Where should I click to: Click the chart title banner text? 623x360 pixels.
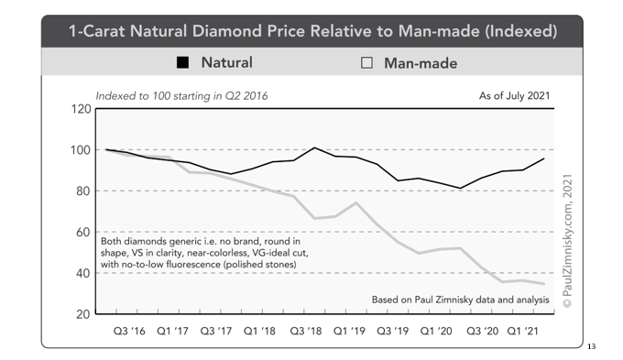click(312, 31)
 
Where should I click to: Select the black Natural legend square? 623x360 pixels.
click(182, 62)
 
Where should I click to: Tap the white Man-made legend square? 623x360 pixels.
click(366, 63)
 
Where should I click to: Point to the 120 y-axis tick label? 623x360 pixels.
click(81, 109)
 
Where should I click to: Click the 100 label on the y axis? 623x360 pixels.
click(81, 150)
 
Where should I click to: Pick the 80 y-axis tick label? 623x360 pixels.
click(83, 191)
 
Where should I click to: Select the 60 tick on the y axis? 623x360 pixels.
click(83, 232)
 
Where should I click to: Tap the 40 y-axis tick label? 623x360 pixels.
click(83, 273)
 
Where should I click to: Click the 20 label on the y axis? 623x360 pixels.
click(83, 314)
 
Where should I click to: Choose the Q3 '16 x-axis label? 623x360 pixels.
click(129, 331)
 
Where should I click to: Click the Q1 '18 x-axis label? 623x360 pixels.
click(259, 331)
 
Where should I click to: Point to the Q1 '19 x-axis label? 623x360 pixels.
click(349, 331)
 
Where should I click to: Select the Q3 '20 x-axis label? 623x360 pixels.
click(482, 331)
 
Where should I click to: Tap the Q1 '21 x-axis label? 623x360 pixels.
click(523, 331)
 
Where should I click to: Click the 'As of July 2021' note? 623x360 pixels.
click(515, 96)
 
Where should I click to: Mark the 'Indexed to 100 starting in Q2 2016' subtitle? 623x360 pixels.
click(181, 96)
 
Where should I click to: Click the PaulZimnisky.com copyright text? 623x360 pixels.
click(567, 241)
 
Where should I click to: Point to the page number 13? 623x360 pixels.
click(592, 346)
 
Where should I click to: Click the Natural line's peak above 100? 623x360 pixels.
click(314, 147)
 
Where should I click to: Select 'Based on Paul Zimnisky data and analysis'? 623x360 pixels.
click(461, 300)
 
